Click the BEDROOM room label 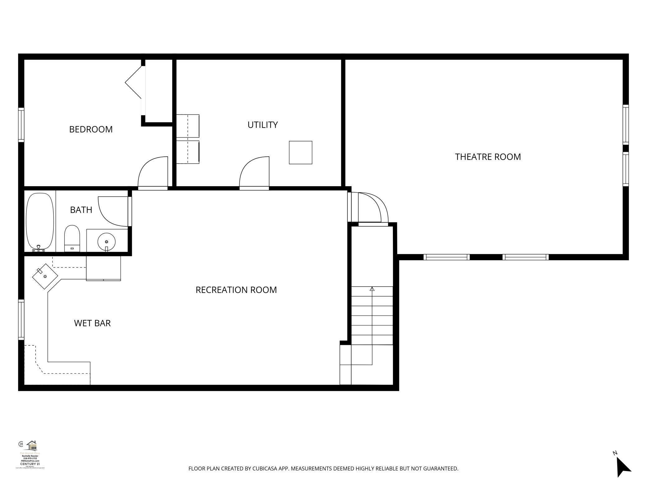point(91,129)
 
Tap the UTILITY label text point(263,125)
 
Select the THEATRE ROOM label point(488,157)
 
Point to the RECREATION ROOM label point(236,290)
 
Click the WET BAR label point(92,323)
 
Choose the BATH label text point(81,210)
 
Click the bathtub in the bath point(40,221)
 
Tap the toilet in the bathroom point(72,238)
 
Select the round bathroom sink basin point(106,241)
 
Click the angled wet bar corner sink point(45,276)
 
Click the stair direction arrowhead point(372,289)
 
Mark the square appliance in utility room point(300,152)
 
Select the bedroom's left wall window point(21,125)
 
